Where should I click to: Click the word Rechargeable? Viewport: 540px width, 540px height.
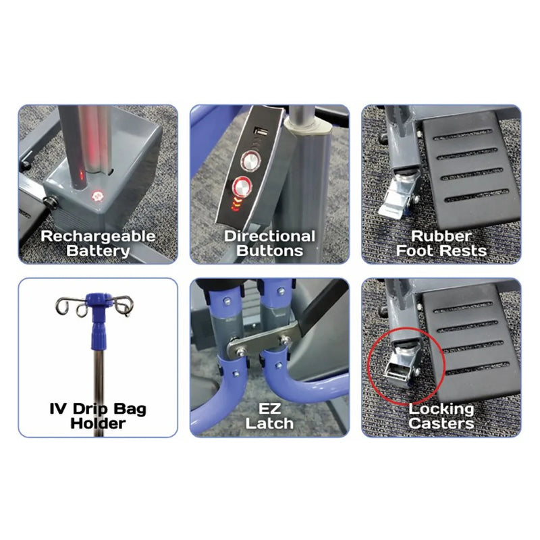tap(98, 236)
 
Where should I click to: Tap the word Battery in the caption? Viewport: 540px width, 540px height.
tap(98, 251)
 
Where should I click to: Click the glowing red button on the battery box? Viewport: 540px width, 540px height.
tap(97, 197)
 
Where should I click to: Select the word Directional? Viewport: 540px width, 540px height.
tap(270, 236)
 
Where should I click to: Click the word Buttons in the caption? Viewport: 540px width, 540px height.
tap(270, 251)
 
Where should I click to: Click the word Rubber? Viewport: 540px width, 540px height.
tap(441, 236)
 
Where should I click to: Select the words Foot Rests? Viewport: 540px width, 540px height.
tap(441, 251)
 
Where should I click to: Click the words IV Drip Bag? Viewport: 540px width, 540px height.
tap(98, 409)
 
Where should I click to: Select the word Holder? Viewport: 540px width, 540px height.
tap(98, 424)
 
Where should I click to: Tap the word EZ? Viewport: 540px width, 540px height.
tap(270, 409)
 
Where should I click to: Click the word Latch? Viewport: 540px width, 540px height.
tap(270, 424)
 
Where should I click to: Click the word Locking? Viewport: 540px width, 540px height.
tap(441, 409)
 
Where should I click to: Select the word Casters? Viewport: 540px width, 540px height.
tap(441, 424)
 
